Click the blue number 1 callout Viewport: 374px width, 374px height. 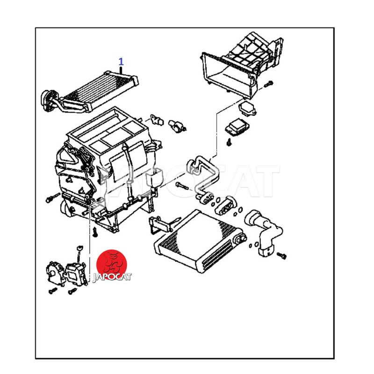click(x=121, y=62)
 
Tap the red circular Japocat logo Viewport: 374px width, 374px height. click(x=112, y=264)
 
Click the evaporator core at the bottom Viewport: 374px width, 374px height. click(x=199, y=241)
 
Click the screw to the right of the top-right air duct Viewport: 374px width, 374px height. click(x=268, y=84)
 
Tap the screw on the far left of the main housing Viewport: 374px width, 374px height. click(x=52, y=198)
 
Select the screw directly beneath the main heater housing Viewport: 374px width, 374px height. click(x=95, y=232)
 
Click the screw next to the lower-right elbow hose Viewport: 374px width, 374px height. click(x=282, y=256)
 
